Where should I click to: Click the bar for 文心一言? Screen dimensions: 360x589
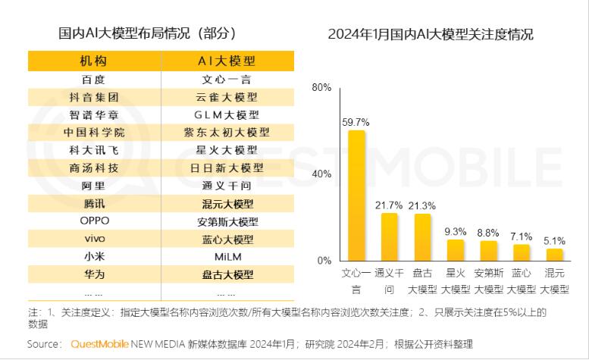click(356, 196)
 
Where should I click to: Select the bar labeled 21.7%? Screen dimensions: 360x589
click(389, 236)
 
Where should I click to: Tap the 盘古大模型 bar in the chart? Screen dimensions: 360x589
click(422, 237)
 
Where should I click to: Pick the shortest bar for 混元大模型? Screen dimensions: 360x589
click(555, 254)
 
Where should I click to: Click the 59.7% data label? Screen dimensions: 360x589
click(356, 121)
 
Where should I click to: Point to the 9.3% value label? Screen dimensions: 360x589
click(456, 230)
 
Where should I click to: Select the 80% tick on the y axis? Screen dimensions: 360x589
click(321, 88)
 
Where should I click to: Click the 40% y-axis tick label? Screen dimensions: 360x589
click(321, 174)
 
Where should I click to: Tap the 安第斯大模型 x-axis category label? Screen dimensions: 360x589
click(489, 281)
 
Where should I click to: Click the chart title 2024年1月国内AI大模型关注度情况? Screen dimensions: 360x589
click(431, 35)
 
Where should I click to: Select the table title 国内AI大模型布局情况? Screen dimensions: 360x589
click(147, 34)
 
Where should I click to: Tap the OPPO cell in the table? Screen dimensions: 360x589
click(95, 221)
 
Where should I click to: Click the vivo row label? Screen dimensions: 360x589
click(95, 239)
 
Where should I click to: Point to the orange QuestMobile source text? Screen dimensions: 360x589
click(103, 344)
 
